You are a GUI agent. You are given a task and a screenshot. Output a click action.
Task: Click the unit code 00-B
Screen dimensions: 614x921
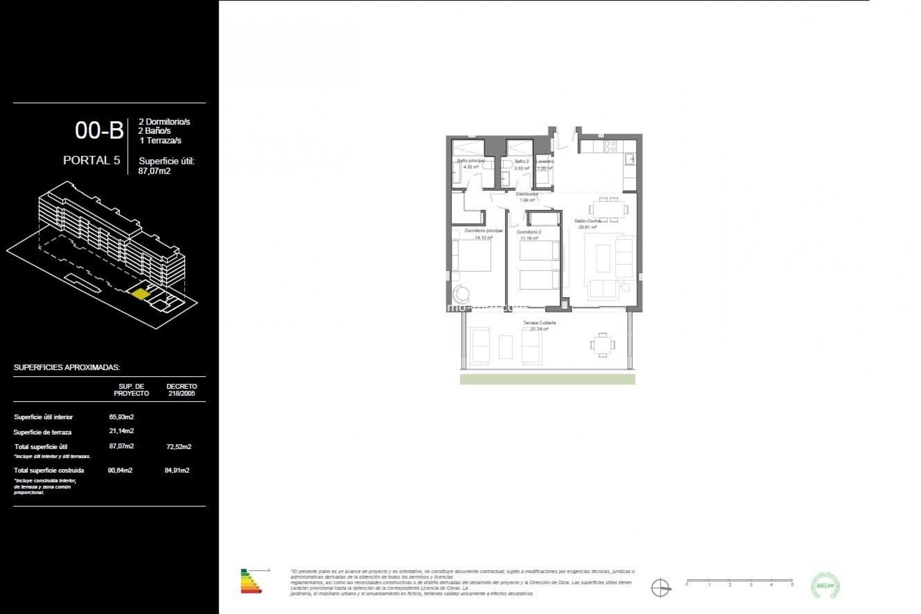coord(99,130)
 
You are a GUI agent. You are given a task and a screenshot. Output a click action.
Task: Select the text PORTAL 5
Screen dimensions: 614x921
coord(92,160)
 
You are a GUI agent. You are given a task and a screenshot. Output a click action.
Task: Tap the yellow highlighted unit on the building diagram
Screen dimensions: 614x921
coord(140,294)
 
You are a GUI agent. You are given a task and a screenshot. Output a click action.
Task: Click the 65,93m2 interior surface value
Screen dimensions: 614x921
coord(121,417)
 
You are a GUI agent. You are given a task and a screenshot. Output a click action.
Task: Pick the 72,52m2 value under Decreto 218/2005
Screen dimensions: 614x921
coord(178,447)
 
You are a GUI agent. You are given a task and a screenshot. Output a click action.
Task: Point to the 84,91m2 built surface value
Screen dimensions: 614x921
coord(177,470)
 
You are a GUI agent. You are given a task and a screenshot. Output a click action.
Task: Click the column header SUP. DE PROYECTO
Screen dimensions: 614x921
coord(131,390)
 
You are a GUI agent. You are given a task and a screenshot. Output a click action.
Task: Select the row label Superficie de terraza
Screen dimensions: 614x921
coord(43,432)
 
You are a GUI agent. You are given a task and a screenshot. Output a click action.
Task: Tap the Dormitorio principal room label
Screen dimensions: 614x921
coord(484,231)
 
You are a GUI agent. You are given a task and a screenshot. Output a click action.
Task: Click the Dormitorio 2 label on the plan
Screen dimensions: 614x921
coord(529,232)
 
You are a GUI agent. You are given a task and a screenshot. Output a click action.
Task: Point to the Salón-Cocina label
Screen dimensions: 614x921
coord(588,221)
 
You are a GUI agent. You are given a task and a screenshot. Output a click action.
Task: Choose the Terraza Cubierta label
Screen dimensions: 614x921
coord(540,323)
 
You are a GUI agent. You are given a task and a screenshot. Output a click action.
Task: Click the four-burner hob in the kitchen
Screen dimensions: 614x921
coord(610,146)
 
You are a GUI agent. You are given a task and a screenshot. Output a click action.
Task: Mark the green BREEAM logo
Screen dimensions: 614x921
coord(825,585)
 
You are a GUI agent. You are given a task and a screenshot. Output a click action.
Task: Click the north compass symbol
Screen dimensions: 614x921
coord(661,587)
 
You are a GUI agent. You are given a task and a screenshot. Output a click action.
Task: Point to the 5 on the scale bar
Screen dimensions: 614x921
coord(792,585)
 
